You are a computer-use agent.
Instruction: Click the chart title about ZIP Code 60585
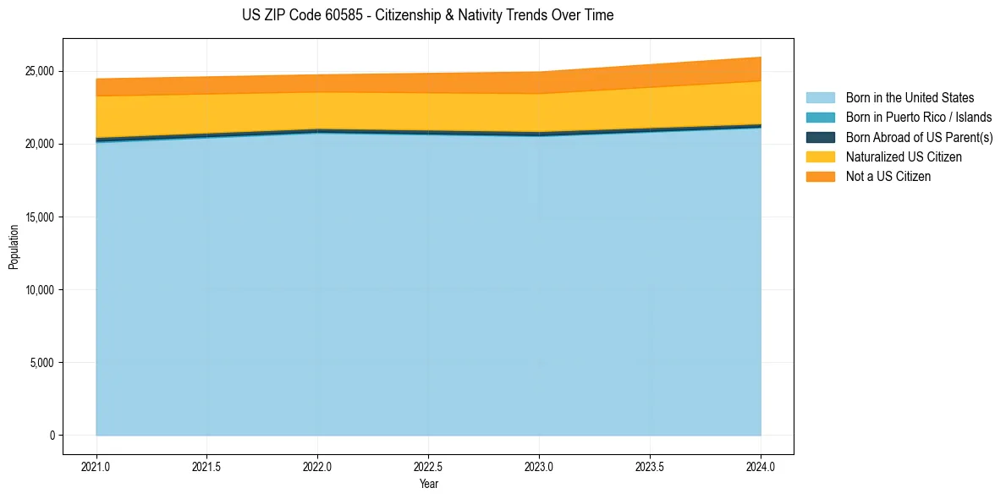tap(427, 15)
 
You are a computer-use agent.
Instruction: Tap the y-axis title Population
tap(14, 247)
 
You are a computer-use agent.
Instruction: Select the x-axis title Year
tap(428, 484)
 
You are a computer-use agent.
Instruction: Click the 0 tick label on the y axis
tap(51, 436)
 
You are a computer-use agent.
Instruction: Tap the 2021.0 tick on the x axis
tap(96, 466)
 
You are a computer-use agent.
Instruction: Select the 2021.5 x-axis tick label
tap(207, 466)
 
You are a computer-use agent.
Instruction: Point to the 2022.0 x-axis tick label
tap(317, 466)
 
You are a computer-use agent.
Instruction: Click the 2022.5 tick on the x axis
tap(428, 466)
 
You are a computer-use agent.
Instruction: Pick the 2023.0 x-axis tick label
tap(539, 466)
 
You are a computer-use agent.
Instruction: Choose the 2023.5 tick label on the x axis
tap(650, 466)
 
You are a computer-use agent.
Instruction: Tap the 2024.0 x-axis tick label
tap(761, 466)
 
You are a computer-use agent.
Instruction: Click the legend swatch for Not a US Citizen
tap(820, 177)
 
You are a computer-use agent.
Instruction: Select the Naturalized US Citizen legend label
tap(904, 157)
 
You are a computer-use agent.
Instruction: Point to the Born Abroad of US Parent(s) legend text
tap(919, 137)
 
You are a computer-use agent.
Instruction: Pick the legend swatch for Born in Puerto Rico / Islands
tap(820, 118)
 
